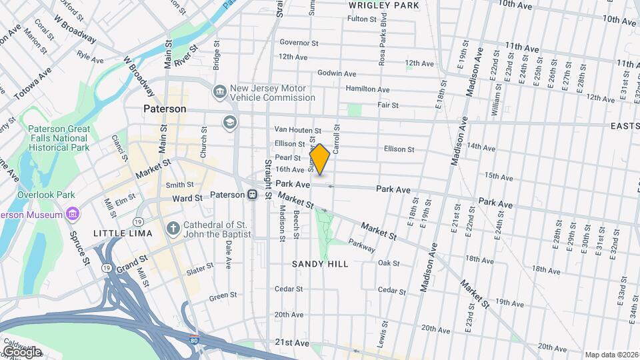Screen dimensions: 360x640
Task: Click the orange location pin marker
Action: click(320, 159)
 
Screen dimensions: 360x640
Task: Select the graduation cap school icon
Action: click(230, 122)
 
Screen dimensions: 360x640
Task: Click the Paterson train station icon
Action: click(253, 195)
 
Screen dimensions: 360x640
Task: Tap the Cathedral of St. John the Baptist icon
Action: click(173, 229)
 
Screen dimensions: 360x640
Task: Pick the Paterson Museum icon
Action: click(73, 214)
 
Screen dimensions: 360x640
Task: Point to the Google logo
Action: click(22, 351)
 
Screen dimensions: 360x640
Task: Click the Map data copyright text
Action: click(611, 355)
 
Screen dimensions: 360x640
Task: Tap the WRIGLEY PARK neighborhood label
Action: click(383, 5)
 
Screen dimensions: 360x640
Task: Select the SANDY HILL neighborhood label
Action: click(320, 264)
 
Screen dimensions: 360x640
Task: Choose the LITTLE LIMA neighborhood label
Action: click(123, 233)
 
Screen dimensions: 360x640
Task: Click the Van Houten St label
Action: click(298, 131)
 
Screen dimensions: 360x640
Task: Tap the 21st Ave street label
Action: click(292, 343)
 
